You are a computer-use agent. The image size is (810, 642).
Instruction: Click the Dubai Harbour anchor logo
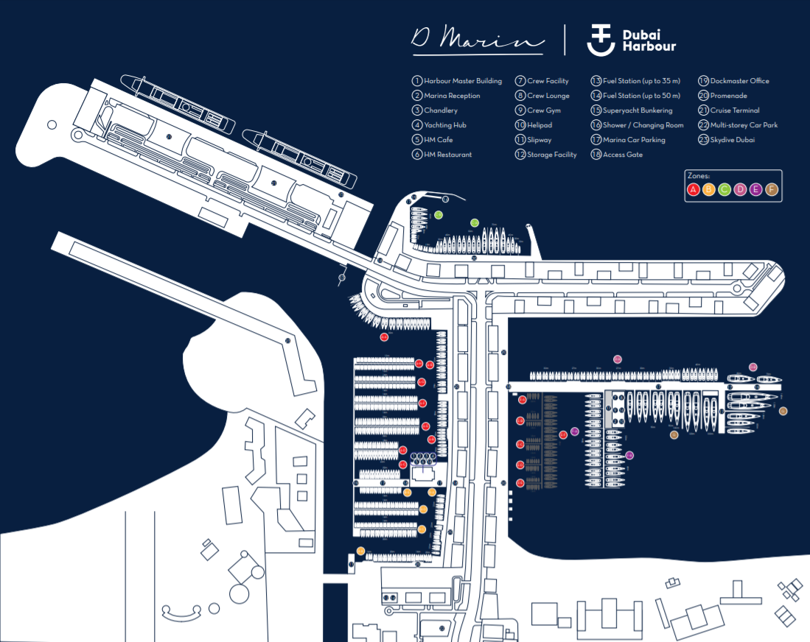click(601, 40)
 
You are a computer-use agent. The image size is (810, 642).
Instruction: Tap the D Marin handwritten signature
click(477, 40)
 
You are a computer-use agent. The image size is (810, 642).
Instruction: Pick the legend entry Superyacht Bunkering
click(637, 110)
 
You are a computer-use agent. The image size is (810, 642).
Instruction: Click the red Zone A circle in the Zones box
click(694, 190)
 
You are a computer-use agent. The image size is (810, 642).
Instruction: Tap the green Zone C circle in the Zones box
click(725, 190)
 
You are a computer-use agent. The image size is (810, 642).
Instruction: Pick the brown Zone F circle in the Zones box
click(772, 190)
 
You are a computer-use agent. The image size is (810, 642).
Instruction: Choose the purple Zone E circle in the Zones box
click(755, 190)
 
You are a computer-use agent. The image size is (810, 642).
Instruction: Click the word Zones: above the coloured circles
click(697, 177)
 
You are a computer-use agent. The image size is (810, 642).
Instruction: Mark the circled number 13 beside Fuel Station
click(596, 81)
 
